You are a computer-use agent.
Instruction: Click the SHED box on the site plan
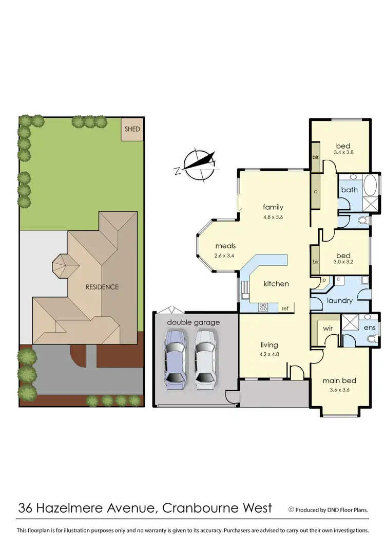pos(132,129)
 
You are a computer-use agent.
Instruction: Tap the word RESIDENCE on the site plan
pos(102,287)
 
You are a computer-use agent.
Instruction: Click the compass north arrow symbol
pos(199,165)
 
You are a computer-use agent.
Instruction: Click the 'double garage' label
pos(193,322)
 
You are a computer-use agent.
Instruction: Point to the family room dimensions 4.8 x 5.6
pos(273,216)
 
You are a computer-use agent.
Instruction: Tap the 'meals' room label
pos(225,246)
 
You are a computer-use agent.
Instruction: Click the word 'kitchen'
pos(276,283)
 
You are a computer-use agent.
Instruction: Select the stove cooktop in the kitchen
pos(263,307)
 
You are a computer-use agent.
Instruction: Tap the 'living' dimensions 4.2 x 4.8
pos(269,354)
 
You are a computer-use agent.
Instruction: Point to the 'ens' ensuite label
pos(370,327)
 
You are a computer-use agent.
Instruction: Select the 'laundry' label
pos(339,300)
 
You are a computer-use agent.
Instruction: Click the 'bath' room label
pos(350,190)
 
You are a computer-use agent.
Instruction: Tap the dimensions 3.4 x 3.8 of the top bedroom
pos(344,152)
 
